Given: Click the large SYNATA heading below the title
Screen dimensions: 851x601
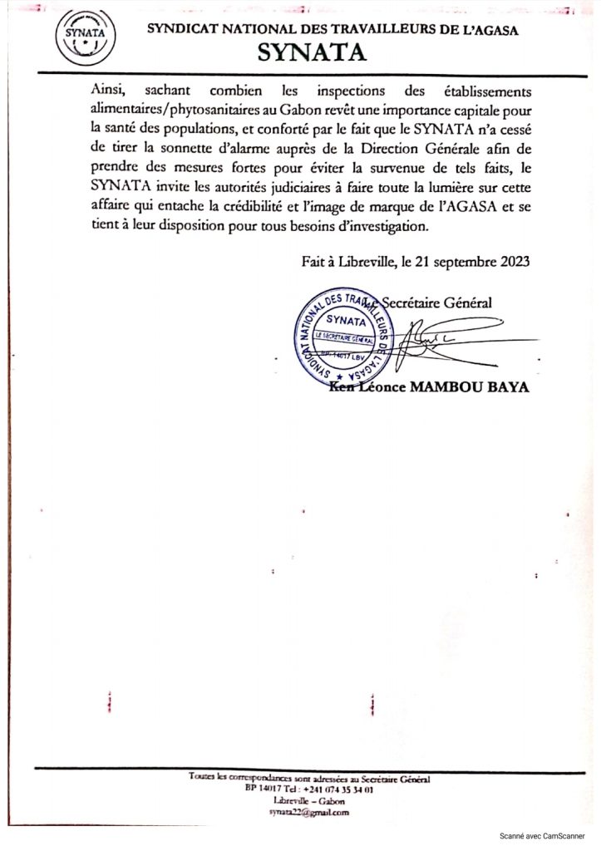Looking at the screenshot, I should pos(311,53).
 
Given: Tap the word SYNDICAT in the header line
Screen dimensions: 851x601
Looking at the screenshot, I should pos(182,30).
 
